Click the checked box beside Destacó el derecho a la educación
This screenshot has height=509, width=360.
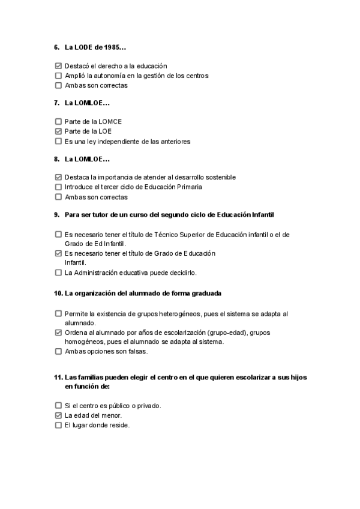point(58,66)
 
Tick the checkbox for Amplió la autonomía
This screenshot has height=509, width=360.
point(58,76)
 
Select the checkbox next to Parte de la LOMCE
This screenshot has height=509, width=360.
point(58,121)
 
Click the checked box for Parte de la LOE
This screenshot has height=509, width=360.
point(58,131)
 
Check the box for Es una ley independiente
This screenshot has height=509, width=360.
point(58,142)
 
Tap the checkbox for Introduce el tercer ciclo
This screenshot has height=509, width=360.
point(58,187)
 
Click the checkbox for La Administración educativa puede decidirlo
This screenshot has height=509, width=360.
point(58,273)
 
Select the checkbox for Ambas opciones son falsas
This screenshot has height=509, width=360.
point(58,352)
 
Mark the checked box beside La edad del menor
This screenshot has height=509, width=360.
point(58,415)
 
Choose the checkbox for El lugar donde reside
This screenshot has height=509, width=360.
point(58,426)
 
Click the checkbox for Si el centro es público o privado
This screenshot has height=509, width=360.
point(58,406)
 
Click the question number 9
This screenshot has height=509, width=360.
point(56,215)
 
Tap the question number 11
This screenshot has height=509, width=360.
point(58,378)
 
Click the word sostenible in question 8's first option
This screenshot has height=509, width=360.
point(219,177)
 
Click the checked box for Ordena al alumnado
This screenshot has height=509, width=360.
point(58,332)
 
